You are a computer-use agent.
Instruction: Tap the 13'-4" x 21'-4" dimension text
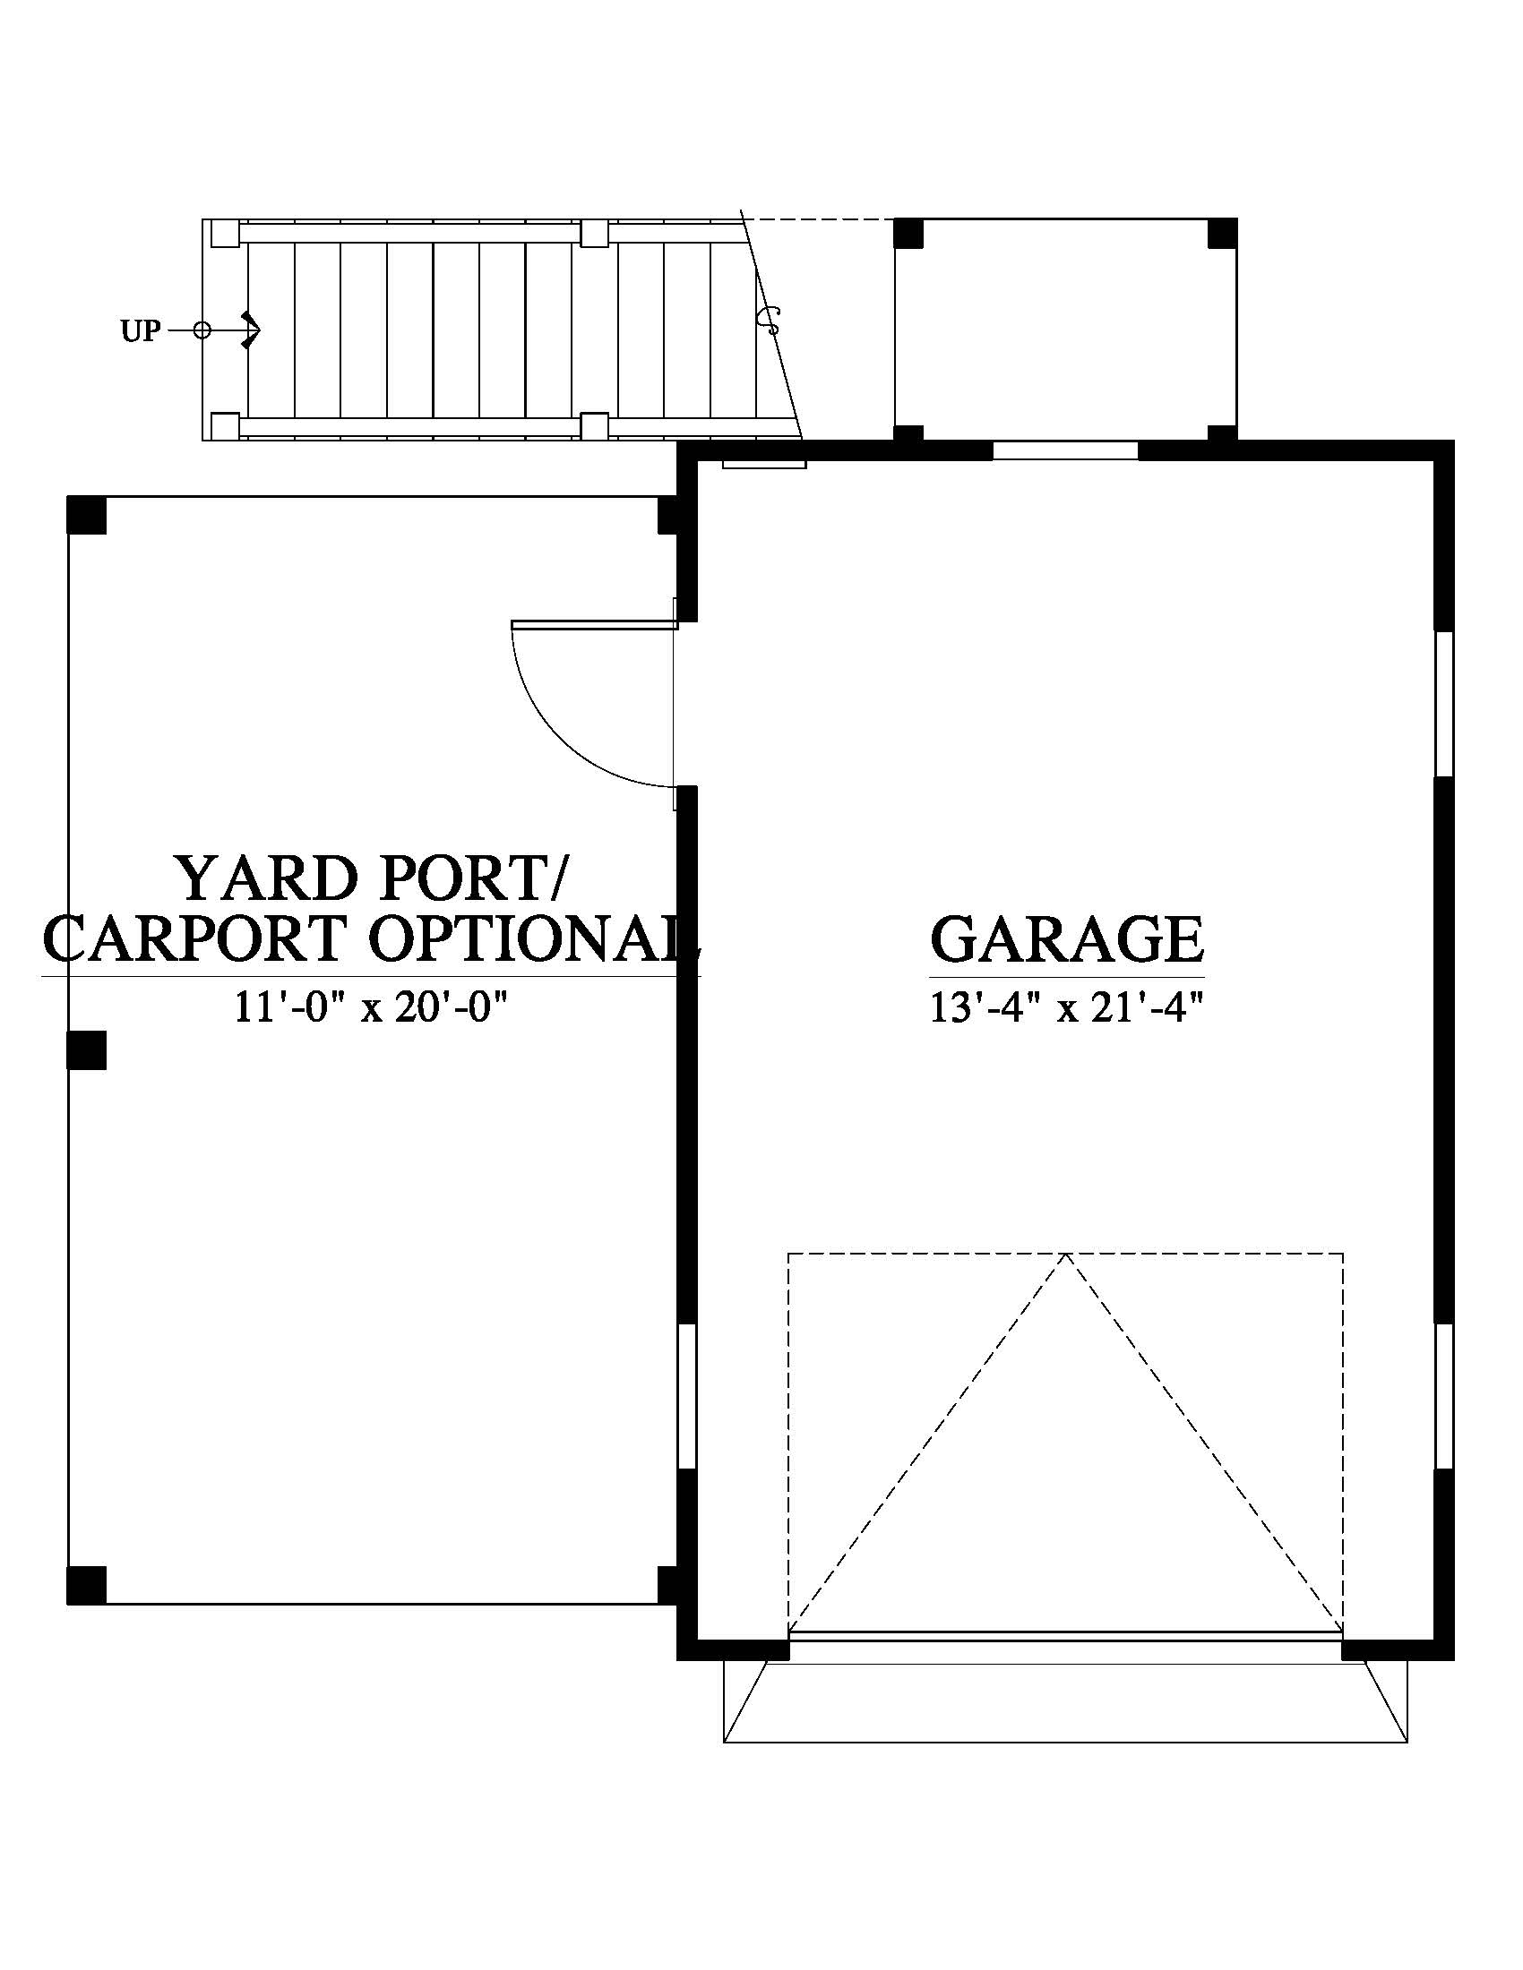point(1067,1007)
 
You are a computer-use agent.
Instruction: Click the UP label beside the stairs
point(141,332)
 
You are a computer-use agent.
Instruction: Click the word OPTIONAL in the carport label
point(532,938)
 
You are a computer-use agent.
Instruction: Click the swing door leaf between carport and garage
point(594,624)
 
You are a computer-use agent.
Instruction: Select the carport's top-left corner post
point(87,516)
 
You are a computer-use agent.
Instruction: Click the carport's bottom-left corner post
point(87,1586)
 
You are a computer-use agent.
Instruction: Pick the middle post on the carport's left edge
point(87,1050)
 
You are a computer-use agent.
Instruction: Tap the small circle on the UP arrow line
point(202,331)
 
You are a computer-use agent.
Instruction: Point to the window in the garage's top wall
point(1065,450)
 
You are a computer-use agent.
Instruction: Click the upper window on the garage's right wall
point(1443,704)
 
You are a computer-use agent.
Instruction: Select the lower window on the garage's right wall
point(1443,1396)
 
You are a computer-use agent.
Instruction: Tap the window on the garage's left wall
point(686,1396)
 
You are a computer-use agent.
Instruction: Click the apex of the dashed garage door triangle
point(1065,1254)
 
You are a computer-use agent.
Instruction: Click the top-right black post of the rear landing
point(1223,233)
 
